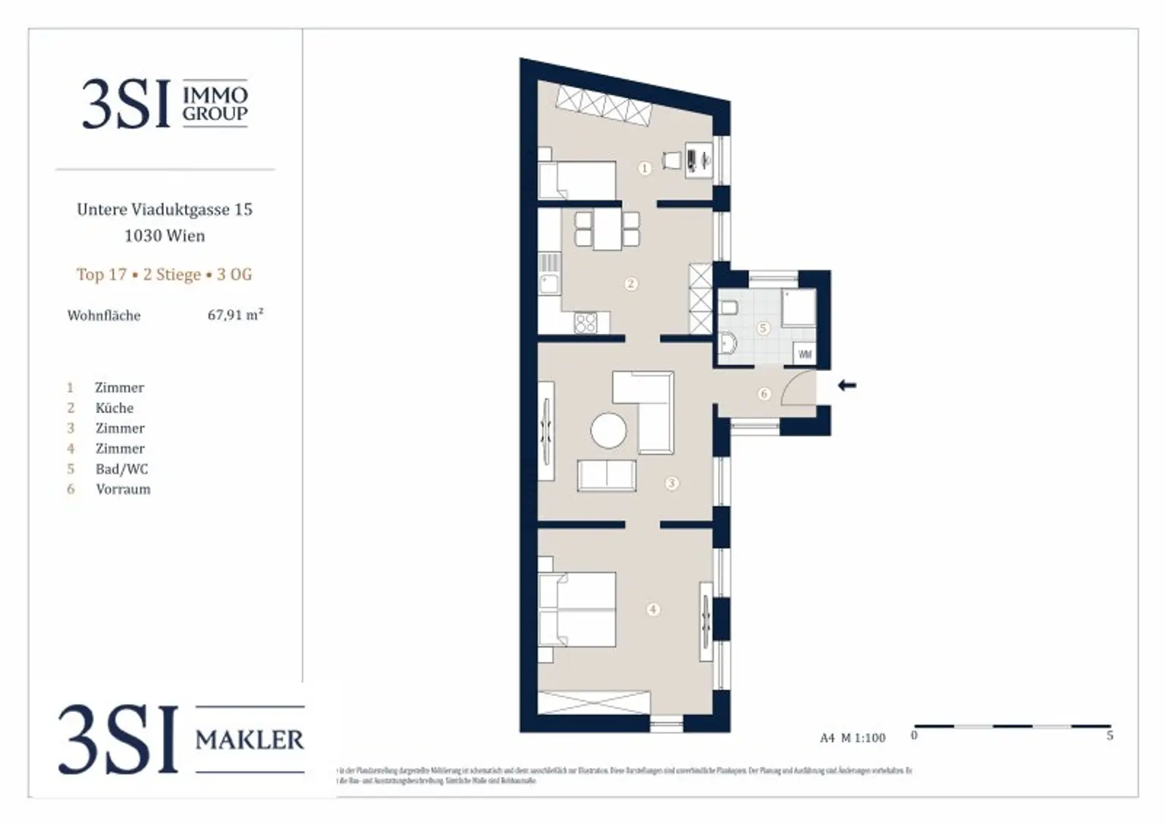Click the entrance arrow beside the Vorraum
(846, 386)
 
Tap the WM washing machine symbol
(804, 354)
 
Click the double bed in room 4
(576, 609)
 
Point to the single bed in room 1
(576, 180)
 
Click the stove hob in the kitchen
(586, 323)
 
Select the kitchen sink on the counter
(548, 285)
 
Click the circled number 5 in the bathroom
(763, 328)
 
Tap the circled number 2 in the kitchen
(631, 284)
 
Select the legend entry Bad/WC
(121, 469)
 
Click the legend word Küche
(115, 408)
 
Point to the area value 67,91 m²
(235, 315)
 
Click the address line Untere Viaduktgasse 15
(165, 209)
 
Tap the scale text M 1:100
(862, 738)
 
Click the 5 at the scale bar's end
(1110, 735)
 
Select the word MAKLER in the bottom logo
(250, 739)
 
